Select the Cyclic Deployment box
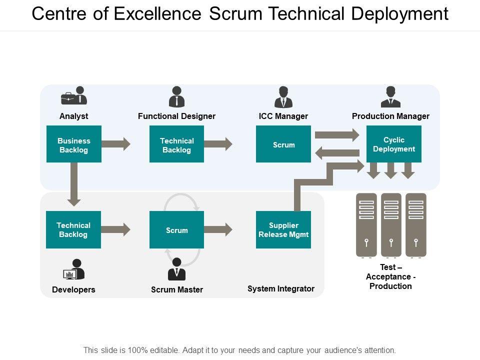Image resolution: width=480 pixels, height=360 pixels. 394,144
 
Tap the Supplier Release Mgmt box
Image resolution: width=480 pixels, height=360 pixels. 283,229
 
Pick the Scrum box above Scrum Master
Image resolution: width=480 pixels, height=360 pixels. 176,229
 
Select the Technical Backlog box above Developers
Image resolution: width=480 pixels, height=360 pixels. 73,229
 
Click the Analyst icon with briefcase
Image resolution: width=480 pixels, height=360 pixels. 74,96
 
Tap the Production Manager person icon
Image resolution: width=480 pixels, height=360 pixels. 390,97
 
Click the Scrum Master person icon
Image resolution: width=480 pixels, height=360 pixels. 176,269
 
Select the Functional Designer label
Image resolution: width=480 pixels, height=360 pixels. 176,116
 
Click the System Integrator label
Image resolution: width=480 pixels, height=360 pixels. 281,288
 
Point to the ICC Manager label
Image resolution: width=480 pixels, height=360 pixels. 283,116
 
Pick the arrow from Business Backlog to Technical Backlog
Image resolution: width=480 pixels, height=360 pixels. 116,144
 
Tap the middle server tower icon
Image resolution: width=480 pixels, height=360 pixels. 391,225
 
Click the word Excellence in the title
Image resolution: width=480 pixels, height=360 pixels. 158,14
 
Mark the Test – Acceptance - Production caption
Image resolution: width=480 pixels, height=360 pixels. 390,276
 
